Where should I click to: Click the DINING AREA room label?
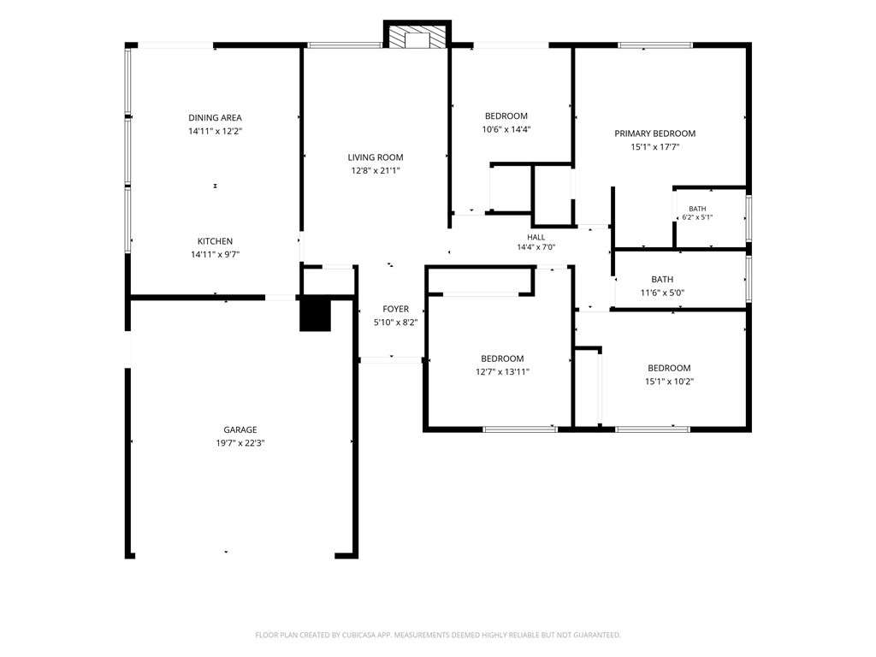[x=215, y=118]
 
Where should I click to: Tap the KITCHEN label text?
[x=215, y=241]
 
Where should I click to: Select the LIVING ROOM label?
[x=376, y=157]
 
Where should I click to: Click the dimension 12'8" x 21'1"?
[x=376, y=171]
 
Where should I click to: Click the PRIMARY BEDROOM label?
[x=654, y=133]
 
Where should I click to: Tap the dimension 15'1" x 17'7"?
[x=654, y=147]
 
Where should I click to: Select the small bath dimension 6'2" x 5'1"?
[x=697, y=217]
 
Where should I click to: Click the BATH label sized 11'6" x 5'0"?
[x=662, y=280]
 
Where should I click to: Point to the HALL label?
[x=536, y=238]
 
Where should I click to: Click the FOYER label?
[x=395, y=309]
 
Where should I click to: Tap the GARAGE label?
[x=240, y=429]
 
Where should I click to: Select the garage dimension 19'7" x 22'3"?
[x=240, y=443]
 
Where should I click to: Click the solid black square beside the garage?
[x=316, y=316]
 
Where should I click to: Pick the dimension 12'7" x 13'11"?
[x=502, y=372]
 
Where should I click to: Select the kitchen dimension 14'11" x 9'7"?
[x=215, y=255]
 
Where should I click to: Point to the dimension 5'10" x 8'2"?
[x=395, y=323]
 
